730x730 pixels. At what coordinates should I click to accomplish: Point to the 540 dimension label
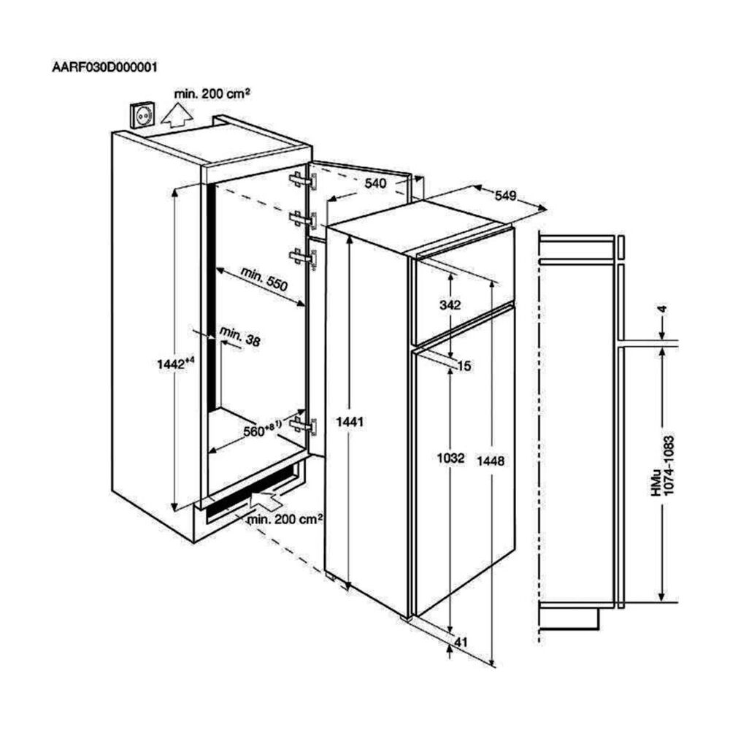tap(374, 184)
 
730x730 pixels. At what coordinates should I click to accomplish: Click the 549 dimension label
tap(505, 196)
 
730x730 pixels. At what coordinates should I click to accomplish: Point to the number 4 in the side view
tap(662, 310)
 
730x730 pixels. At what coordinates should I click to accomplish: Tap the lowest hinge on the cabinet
tap(303, 423)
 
